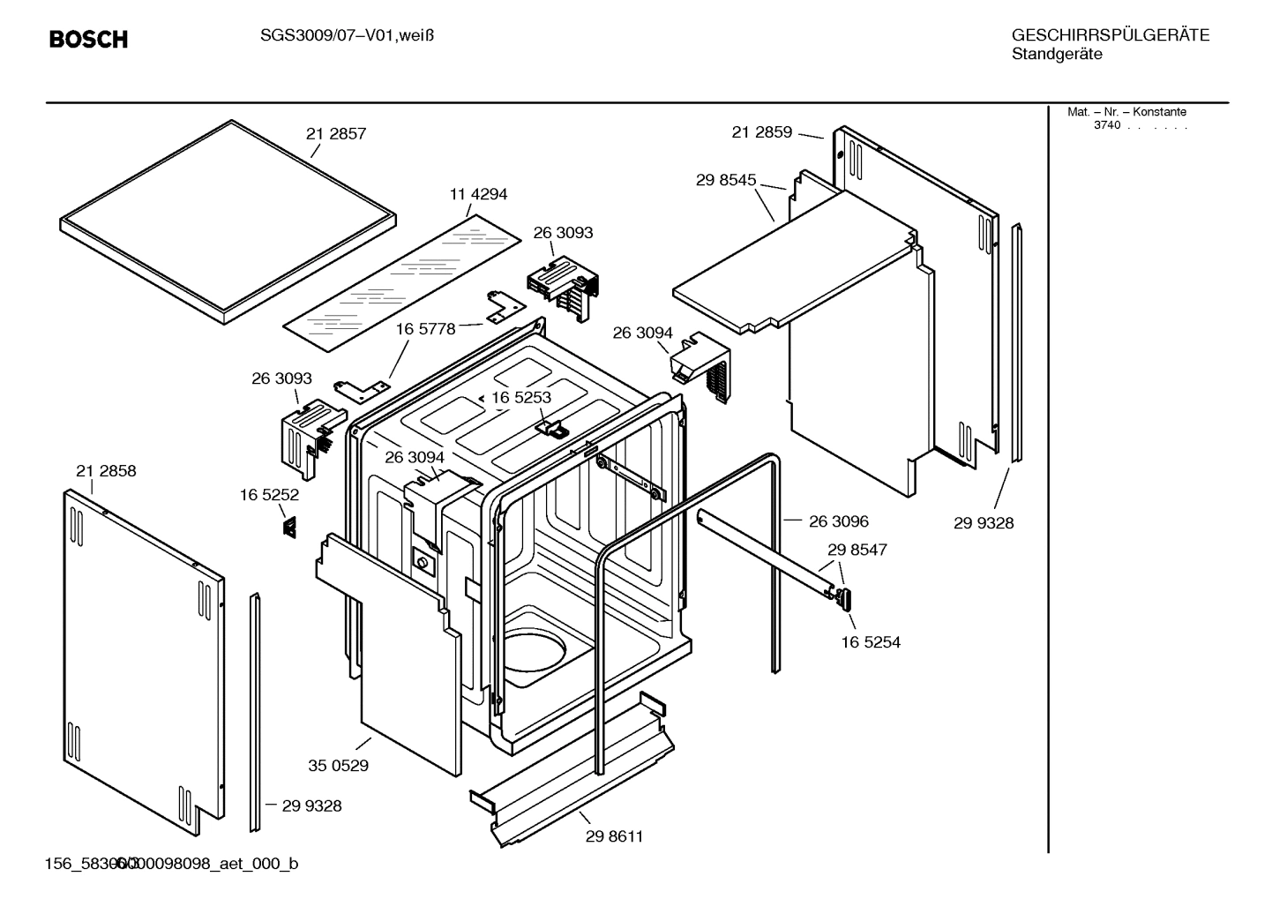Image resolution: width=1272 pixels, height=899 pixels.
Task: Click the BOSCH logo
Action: pyautogui.click(x=88, y=39)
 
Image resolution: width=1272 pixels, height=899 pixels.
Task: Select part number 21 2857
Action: pyautogui.click(x=335, y=134)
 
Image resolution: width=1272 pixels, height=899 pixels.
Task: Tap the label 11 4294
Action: pyautogui.click(x=478, y=194)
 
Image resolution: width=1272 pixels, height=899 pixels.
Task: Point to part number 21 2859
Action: pyautogui.click(x=761, y=132)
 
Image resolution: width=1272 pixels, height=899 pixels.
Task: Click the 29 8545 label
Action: pyautogui.click(x=725, y=180)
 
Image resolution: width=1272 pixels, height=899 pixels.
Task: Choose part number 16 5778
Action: pyautogui.click(x=425, y=329)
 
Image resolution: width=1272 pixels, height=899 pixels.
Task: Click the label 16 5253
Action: pyautogui.click(x=520, y=398)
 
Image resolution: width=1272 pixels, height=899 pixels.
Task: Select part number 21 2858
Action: pyautogui.click(x=106, y=471)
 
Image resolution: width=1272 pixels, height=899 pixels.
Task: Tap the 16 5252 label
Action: pyautogui.click(x=269, y=496)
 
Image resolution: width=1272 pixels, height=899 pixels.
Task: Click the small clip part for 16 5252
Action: pyautogui.click(x=288, y=527)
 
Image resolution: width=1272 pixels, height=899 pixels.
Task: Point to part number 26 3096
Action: pyautogui.click(x=838, y=521)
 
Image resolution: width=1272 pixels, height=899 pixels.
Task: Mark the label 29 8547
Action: pyautogui.click(x=857, y=550)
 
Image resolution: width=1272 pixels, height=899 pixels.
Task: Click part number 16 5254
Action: pyautogui.click(x=870, y=642)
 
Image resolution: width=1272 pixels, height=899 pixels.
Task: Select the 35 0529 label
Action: pyautogui.click(x=338, y=766)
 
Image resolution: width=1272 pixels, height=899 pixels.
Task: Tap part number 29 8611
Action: pyautogui.click(x=614, y=836)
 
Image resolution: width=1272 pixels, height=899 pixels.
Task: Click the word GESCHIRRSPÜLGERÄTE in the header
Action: pyautogui.click(x=1110, y=35)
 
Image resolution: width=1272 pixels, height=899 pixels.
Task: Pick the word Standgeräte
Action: pyautogui.click(x=1056, y=54)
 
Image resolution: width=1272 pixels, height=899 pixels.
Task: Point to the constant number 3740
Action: pyautogui.click(x=1106, y=125)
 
